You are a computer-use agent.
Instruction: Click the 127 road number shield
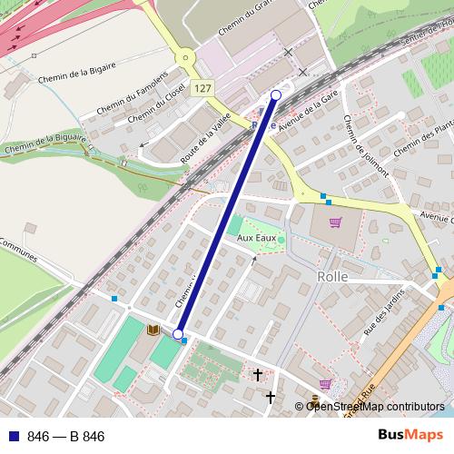coord(202,88)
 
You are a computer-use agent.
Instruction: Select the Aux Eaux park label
coord(256,237)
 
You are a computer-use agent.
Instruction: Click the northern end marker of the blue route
coord(276,94)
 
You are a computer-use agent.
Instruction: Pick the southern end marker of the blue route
coord(178,334)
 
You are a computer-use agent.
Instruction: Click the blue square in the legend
coord(13,437)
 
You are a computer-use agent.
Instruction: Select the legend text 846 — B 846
coord(65,437)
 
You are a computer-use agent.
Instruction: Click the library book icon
coord(152,329)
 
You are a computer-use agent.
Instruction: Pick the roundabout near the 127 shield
coord(186,58)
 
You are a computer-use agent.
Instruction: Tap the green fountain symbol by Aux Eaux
coord(281,240)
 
